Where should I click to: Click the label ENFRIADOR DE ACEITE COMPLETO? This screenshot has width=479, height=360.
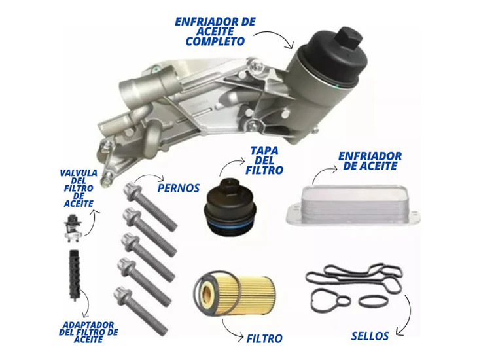(214, 31)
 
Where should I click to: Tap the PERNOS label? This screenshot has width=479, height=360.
(179, 188)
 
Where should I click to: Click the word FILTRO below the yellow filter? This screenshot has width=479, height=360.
(264, 338)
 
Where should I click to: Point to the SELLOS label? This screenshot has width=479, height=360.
(370, 336)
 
